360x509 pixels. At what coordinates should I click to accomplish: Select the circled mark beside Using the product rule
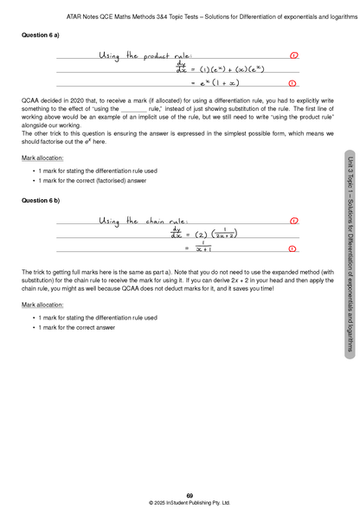click(x=293, y=55)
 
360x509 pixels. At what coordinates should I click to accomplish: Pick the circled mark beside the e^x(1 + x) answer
click(x=293, y=83)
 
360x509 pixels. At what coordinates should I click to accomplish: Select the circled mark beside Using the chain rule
click(x=293, y=222)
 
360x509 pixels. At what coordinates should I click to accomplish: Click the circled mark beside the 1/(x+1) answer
click(x=293, y=248)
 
